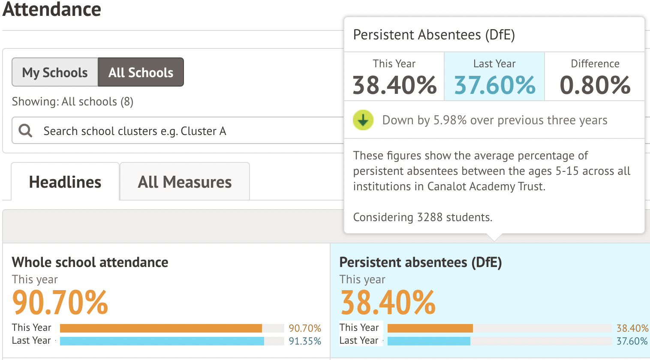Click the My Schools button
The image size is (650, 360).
[x=55, y=72]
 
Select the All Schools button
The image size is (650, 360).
[x=141, y=72]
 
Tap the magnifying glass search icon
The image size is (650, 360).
[x=26, y=131]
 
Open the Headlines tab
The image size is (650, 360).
[x=65, y=182]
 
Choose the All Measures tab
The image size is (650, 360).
[x=185, y=182]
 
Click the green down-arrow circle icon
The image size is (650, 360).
[x=363, y=120]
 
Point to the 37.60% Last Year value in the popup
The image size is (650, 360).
[x=495, y=85]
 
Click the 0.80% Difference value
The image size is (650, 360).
[x=595, y=85]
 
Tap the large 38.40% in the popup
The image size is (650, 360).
[x=394, y=85]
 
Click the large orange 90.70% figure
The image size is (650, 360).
[x=60, y=302]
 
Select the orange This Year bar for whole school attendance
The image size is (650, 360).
[x=161, y=328]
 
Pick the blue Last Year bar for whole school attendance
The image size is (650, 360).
[x=162, y=341]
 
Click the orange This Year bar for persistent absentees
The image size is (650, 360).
[x=430, y=328]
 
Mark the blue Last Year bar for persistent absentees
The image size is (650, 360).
[x=429, y=341]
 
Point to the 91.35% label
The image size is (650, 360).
[x=305, y=341]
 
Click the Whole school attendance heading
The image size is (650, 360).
[x=90, y=262]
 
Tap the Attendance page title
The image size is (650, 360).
[x=52, y=9]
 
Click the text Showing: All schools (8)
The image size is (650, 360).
[x=73, y=102]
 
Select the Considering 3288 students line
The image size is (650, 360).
[x=423, y=217]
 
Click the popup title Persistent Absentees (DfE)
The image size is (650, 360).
[x=434, y=35]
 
